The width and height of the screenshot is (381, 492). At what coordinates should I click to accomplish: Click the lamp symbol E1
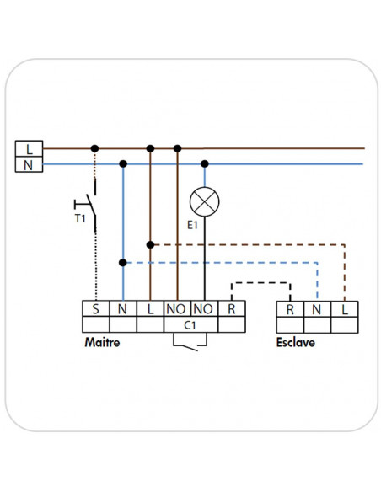click(x=204, y=201)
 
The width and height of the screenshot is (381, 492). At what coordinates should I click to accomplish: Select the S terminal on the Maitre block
click(x=96, y=308)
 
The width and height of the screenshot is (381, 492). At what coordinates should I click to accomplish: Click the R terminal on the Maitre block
click(x=232, y=308)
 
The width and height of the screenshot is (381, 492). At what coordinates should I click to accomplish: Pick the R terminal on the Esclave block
click(x=290, y=309)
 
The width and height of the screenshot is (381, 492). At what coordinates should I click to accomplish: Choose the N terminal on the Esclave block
click(x=317, y=309)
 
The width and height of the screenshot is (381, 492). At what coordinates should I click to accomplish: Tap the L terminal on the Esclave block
click(x=344, y=309)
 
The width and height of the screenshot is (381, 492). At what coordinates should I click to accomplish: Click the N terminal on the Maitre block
click(x=123, y=308)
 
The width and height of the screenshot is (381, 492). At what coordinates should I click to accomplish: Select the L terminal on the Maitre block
click(x=150, y=308)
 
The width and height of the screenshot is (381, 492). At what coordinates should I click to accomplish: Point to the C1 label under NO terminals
click(x=190, y=325)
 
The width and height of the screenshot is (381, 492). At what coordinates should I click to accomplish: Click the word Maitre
click(x=102, y=342)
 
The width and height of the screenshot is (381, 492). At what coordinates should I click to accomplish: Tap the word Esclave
click(x=296, y=342)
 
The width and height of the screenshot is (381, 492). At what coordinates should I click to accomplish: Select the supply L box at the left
click(x=29, y=148)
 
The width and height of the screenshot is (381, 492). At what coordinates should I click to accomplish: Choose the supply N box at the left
click(x=29, y=164)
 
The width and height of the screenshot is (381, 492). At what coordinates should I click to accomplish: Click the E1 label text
click(x=192, y=225)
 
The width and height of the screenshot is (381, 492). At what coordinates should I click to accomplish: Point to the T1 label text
click(x=80, y=218)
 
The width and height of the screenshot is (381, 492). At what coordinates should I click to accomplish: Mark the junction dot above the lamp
click(x=205, y=163)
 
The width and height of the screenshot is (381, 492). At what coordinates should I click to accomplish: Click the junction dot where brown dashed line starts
click(x=150, y=245)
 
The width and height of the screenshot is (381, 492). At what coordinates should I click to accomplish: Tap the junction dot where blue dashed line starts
click(x=123, y=263)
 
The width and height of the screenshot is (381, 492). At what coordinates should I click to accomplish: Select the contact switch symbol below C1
click(x=190, y=341)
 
